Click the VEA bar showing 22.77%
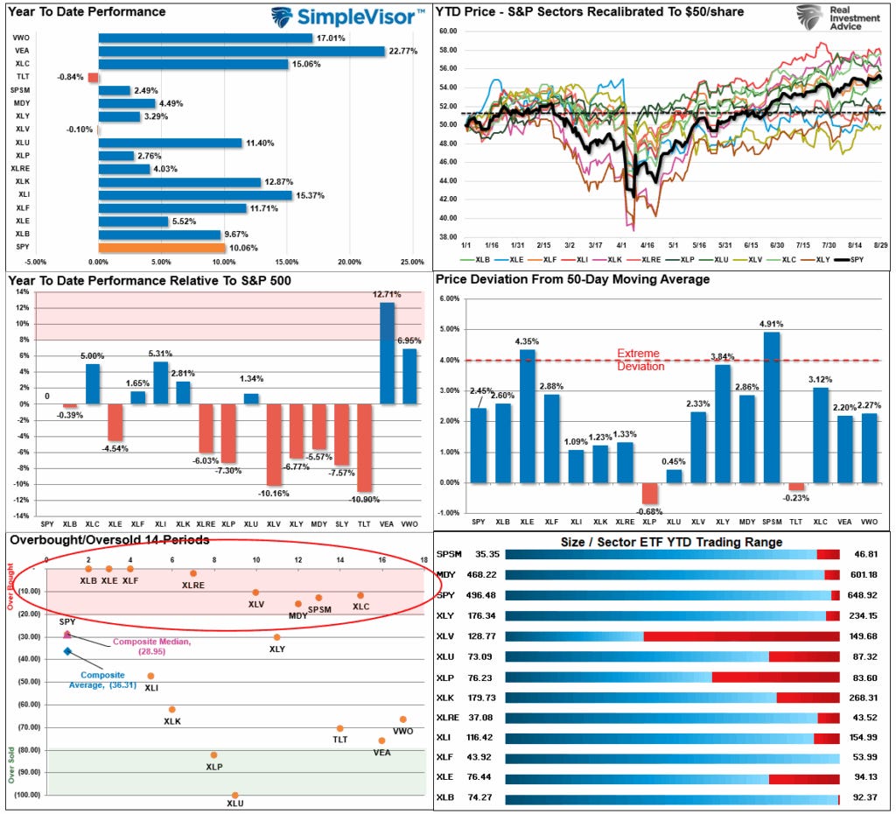241,51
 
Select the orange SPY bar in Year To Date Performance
162,248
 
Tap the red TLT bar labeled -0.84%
93,77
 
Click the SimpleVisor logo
346,17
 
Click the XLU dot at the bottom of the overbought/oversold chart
234,795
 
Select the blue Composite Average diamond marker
67,651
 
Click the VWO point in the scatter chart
402,719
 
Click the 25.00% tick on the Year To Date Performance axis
412,261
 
